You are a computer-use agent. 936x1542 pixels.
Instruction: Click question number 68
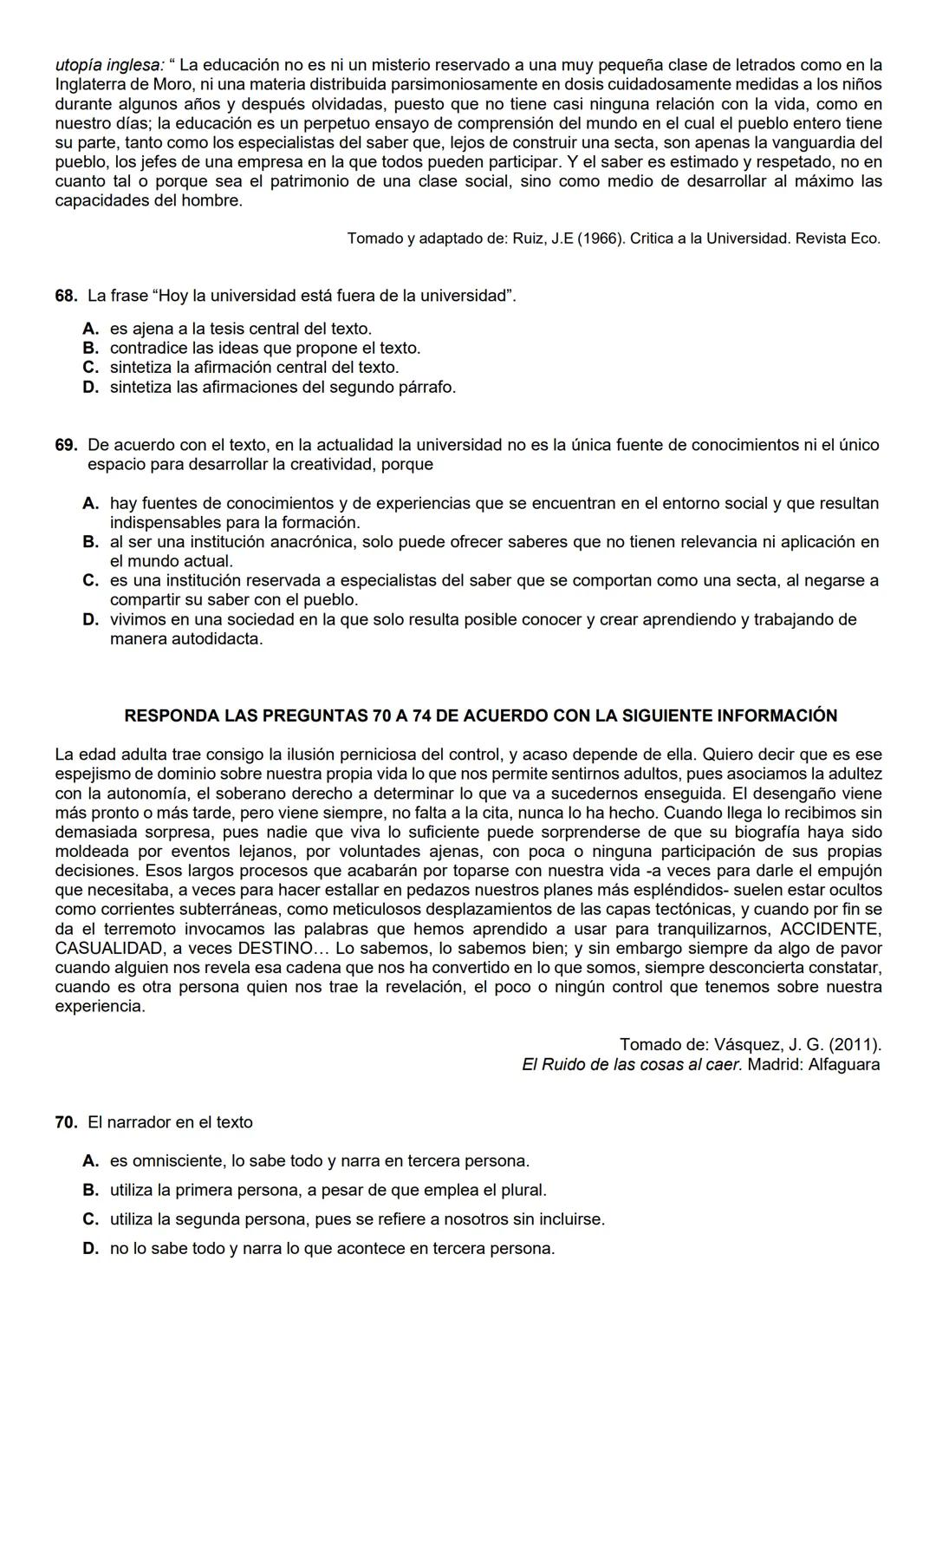click(66, 296)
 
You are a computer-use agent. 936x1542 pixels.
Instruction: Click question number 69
click(66, 445)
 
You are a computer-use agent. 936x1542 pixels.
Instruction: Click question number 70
click(66, 1122)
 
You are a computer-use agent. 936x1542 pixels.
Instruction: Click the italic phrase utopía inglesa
click(109, 65)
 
